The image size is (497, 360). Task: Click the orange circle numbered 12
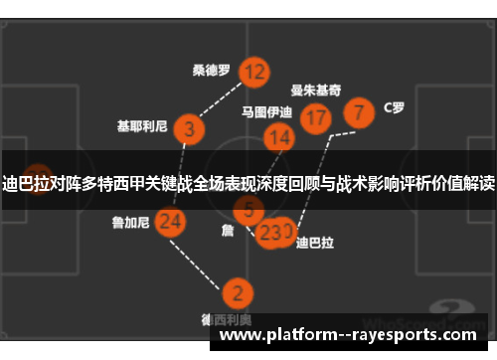pos(254,72)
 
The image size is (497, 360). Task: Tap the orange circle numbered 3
pos(189,128)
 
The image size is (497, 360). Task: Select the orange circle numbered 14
pos(279,137)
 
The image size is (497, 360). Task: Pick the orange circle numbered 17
pos(315,118)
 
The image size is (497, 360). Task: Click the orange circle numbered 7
pos(359,110)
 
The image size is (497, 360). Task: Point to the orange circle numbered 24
pos(171,222)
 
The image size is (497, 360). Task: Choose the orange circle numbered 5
pos(248,210)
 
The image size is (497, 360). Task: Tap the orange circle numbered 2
pos(237,293)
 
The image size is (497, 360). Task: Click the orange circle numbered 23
pos(268,233)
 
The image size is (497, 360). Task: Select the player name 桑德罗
pos(212,71)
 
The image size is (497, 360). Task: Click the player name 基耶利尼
pos(140,127)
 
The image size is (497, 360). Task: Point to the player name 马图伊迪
pos(267,112)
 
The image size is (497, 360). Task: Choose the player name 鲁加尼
pos(130,223)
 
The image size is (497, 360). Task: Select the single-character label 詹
pos(227,230)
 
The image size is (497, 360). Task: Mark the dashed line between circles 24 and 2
pos(204,258)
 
